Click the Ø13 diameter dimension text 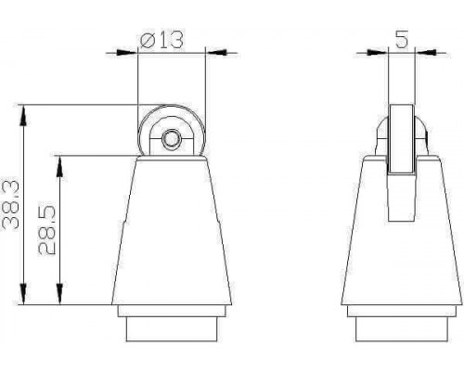161,39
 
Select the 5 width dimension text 402,39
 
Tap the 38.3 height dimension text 11,205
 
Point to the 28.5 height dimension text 47,230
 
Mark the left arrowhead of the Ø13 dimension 127,52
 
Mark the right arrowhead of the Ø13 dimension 216,52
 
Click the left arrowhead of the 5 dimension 377,52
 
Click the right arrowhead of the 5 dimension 425,52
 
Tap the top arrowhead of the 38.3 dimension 23,115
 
